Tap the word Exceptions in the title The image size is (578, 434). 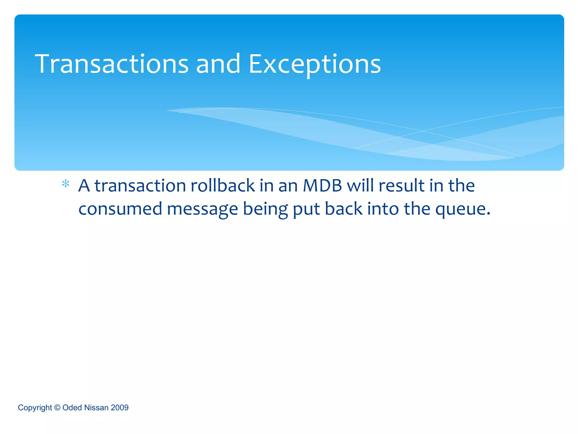(314, 64)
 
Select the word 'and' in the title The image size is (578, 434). (218, 64)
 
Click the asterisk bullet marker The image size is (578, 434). (65, 184)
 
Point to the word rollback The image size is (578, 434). (223, 186)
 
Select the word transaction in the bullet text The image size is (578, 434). (140, 186)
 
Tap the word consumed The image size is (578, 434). (120, 209)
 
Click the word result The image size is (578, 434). (401, 186)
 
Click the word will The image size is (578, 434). (360, 186)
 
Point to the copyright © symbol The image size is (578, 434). (57, 407)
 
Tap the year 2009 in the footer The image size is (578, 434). (120, 407)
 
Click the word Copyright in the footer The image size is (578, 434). (35, 408)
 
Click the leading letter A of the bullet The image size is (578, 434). (84, 186)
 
